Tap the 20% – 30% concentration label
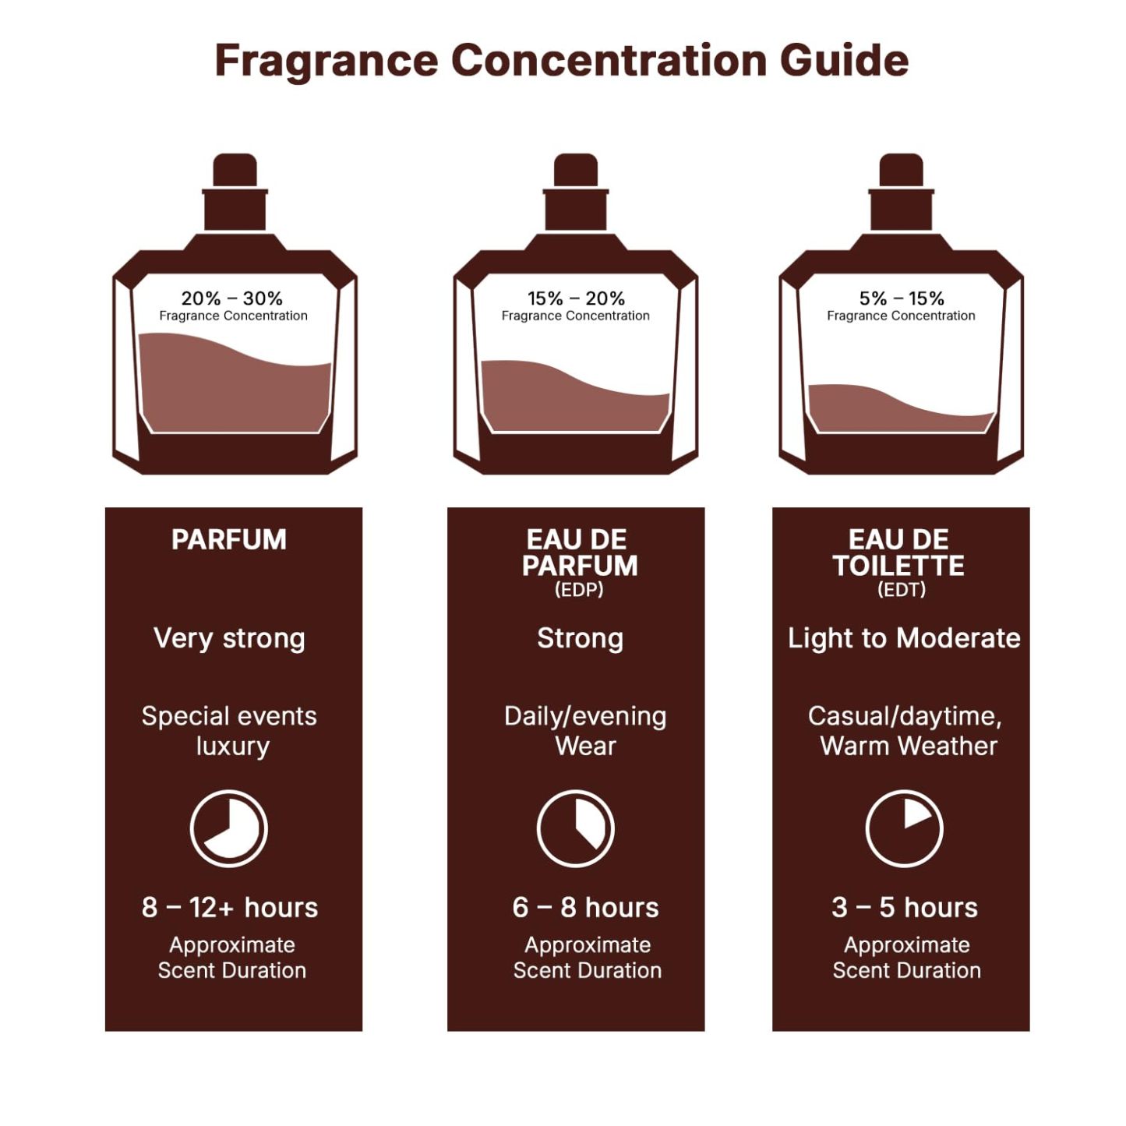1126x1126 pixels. coord(232,298)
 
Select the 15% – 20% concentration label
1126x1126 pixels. coord(576,298)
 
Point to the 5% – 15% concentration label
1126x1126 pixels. coord(902,298)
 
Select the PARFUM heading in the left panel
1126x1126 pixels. coord(229,540)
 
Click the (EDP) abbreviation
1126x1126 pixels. coord(579,590)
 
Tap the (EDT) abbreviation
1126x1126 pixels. coord(902,590)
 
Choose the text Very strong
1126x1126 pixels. coord(229,638)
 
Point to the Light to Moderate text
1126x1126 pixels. coord(904,638)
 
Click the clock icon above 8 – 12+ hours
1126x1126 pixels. coord(229,828)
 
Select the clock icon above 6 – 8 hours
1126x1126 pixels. coord(576,828)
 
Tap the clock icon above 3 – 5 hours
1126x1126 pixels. coord(904,828)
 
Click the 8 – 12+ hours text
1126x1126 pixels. coord(230,908)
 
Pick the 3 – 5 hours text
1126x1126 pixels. coord(904,908)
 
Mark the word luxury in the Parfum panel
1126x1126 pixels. coord(232,747)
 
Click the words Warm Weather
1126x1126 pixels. coord(909,747)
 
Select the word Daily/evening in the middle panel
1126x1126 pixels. coord(585,716)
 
